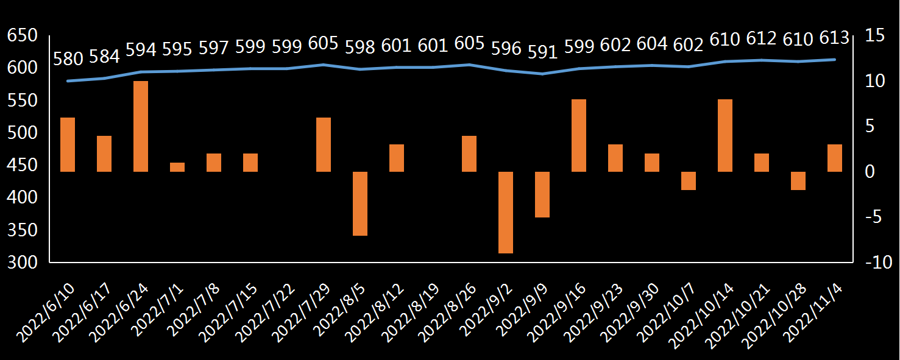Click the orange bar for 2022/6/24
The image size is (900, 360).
click(141, 126)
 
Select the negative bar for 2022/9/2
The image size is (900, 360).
click(506, 212)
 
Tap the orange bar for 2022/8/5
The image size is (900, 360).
click(360, 203)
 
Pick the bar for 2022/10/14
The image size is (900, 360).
click(725, 135)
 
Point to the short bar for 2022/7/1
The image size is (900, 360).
click(177, 167)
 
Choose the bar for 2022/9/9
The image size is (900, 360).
click(542, 194)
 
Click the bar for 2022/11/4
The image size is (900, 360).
click(835, 158)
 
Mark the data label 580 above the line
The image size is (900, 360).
click(68, 59)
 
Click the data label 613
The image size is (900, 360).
click(834, 38)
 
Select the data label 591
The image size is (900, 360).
click(542, 52)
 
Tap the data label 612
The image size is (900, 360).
click(761, 39)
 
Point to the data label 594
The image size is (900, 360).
click(141, 49)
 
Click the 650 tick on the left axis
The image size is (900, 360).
click(23, 36)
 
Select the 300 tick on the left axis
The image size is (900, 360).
click(23, 263)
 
